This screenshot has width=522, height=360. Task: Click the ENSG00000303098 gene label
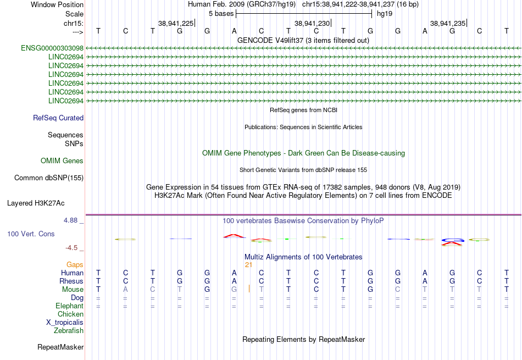(x=52, y=48)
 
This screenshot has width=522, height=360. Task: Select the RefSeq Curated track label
(x=58, y=118)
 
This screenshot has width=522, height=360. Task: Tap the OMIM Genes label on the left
(x=62, y=161)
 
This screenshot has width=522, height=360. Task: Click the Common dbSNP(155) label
(x=49, y=178)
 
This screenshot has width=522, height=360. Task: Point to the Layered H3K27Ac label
(x=36, y=203)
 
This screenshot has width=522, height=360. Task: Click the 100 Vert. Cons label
(x=31, y=234)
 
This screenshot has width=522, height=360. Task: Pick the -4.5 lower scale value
(x=71, y=248)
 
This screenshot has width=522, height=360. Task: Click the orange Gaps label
(x=75, y=264)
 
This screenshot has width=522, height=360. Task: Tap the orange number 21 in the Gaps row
(x=248, y=265)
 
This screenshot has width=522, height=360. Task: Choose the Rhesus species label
(x=71, y=281)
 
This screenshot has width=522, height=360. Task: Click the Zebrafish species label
(x=69, y=331)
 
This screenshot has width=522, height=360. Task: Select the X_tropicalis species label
(x=65, y=323)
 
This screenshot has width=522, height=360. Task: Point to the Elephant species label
(x=70, y=306)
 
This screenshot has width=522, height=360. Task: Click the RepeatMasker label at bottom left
(x=60, y=347)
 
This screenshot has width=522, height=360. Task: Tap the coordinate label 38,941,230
(x=312, y=23)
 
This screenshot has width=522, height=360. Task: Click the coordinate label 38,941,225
(x=176, y=23)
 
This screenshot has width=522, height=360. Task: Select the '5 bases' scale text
(x=221, y=14)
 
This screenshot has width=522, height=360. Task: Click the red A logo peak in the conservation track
(x=235, y=236)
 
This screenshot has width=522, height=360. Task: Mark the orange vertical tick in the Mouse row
(x=249, y=289)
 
